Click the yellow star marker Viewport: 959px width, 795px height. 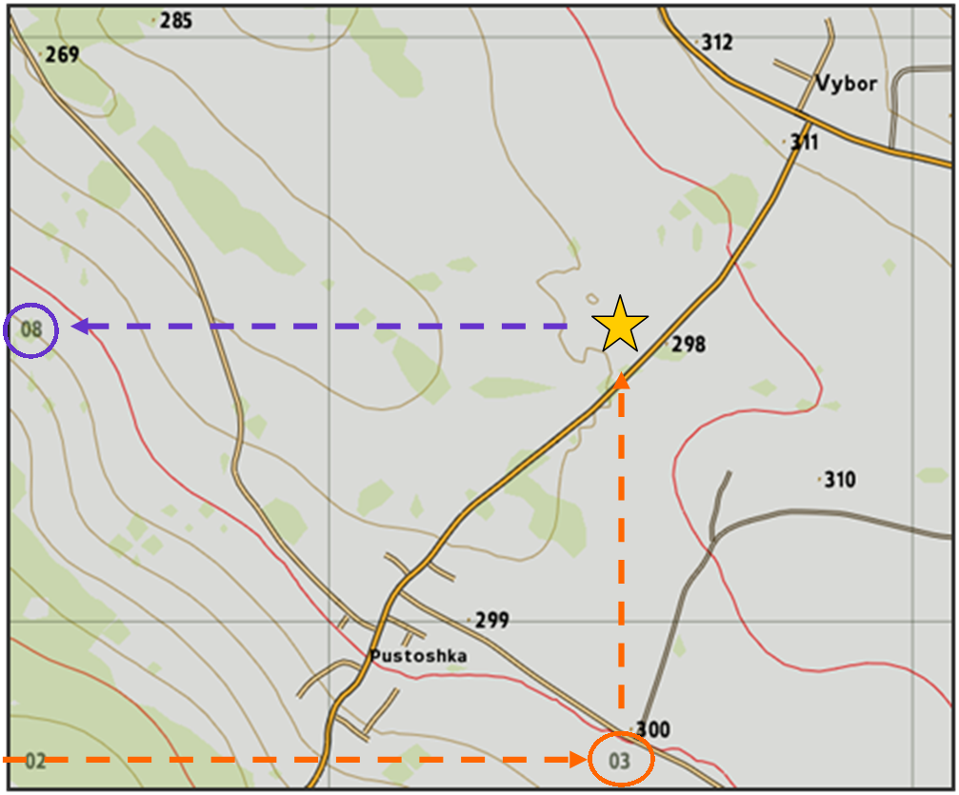point(619,325)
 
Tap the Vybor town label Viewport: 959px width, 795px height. point(846,84)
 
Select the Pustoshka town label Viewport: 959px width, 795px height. point(418,656)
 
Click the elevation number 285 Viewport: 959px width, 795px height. point(176,20)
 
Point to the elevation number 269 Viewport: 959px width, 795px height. point(62,55)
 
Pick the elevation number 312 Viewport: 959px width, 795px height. point(717,42)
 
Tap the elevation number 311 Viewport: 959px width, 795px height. point(804,143)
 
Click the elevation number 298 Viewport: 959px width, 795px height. point(689,345)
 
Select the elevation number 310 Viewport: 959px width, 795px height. point(839,480)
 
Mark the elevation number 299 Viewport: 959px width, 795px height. point(491,621)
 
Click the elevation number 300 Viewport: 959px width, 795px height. point(652,730)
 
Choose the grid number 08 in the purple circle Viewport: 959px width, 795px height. point(31,330)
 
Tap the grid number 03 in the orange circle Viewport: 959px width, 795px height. point(620,761)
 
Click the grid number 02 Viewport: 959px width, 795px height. point(35,761)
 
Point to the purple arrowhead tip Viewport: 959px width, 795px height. point(74,327)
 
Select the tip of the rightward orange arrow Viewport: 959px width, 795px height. point(585,759)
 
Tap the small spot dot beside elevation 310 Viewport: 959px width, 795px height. point(819,480)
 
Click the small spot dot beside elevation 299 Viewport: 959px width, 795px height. point(470,620)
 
